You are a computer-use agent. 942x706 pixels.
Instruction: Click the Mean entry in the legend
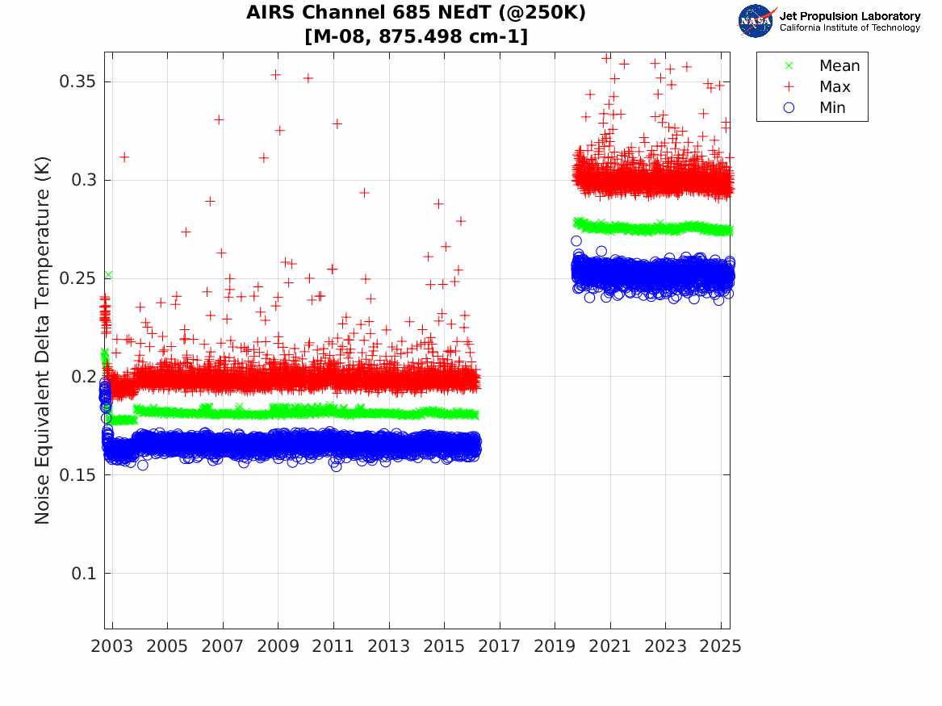pyautogui.click(x=839, y=66)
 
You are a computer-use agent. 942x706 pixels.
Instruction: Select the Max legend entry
pyautogui.click(x=835, y=87)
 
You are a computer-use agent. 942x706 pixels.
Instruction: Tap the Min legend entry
pyautogui.click(x=832, y=108)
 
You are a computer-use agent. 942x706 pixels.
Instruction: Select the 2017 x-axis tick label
pyautogui.click(x=500, y=646)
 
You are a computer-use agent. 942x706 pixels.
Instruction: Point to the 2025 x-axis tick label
pyautogui.click(x=721, y=646)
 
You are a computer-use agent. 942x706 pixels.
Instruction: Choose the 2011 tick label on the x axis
pyautogui.click(x=333, y=646)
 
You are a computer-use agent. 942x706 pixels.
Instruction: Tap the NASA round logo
pyautogui.click(x=756, y=21)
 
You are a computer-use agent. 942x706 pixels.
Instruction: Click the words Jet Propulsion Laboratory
pyautogui.click(x=849, y=16)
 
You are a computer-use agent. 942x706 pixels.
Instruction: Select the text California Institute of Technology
pyautogui.click(x=849, y=28)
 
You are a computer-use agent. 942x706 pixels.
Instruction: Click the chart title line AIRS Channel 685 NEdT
pyautogui.click(x=416, y=13)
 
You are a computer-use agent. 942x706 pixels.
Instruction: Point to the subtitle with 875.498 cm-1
pyautogui.click(x=416, y=36)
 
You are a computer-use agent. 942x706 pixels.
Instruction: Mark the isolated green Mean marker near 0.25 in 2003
pyautogui.click(x=108, y=275)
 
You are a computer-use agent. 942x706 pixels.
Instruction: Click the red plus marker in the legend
pyautogui.click(x=789, y=87)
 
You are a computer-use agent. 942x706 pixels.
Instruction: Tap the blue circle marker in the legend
pyautogui.click(x=789, y=108)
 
